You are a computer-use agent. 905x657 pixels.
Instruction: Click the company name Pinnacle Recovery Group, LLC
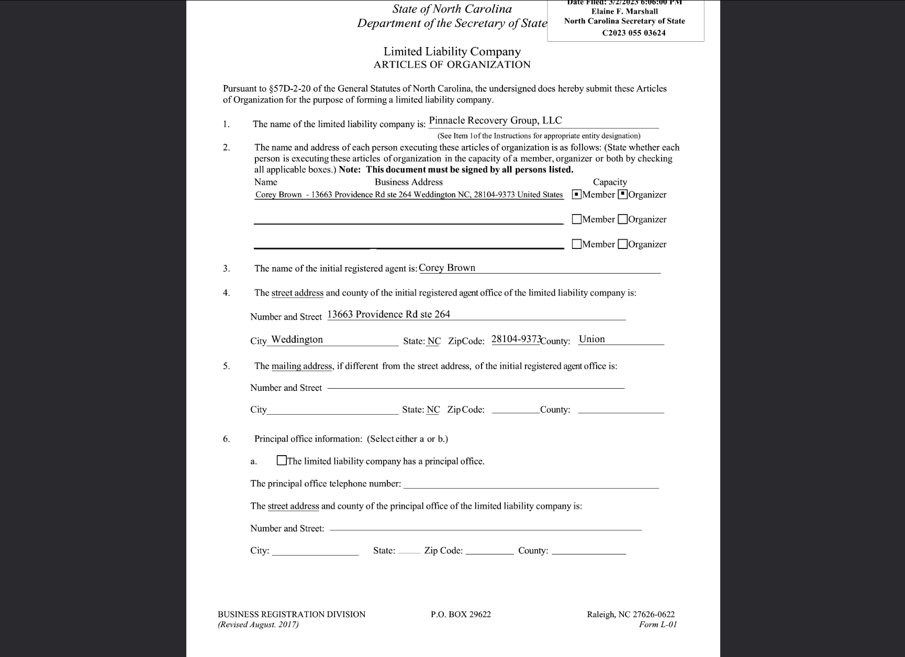(495, 121)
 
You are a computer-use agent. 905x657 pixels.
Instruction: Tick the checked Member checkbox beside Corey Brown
(577, 195)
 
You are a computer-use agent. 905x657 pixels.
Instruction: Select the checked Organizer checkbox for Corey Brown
(623, 195)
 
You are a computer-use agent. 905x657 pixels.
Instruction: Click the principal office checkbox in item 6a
(282, 461)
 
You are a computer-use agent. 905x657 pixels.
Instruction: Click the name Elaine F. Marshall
(624, 12)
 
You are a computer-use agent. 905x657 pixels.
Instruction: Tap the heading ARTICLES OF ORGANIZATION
(452, 65)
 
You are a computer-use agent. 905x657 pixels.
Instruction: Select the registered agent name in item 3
(447, 268)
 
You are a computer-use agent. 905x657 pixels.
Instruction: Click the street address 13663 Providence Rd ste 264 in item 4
(388, 314)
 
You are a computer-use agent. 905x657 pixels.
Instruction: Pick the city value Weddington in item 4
(297, 339)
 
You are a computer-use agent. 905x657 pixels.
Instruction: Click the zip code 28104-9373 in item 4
(516, 339)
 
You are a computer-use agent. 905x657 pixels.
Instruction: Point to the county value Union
(592, 339)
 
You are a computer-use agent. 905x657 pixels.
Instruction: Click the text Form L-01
(658, 625)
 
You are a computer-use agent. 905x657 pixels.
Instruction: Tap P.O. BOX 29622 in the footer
(461, 615)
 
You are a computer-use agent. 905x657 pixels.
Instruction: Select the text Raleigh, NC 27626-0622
(630, 615)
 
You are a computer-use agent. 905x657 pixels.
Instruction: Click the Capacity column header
(610, 182)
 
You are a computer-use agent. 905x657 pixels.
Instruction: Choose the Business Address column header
(408, 182)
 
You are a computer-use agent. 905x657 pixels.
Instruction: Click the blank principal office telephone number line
(531, 484)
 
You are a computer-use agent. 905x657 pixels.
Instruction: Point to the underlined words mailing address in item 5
(302, 366)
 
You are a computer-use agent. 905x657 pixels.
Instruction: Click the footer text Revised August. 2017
(258, 625)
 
